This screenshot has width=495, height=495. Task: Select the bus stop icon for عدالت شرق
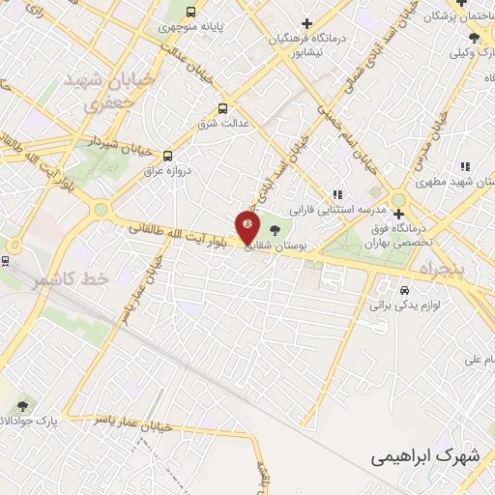(x=223, y=108)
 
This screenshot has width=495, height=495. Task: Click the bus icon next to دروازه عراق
(x=168, y=155)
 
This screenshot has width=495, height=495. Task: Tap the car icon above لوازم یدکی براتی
(x=404, y=288)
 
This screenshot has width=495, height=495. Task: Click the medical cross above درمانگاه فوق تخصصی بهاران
(x=398, y=214)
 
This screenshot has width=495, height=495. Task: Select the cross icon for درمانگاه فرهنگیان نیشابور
(x=306, y=23)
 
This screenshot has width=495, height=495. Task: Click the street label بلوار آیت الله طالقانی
(x=182, y=235)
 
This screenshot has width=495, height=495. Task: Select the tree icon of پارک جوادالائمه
(x=21, y=406)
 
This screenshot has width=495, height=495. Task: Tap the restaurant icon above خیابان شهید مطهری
(x=465, y=165)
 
